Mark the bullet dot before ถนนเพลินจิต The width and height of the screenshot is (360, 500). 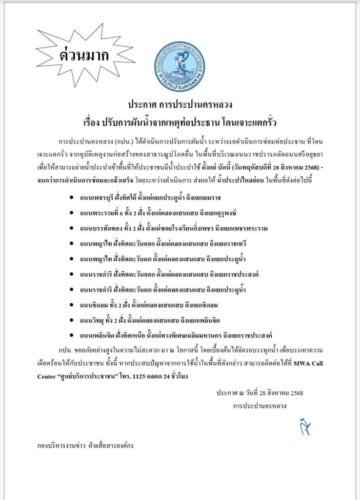coord(72,335)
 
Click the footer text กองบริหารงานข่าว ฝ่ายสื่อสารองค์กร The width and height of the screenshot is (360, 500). coord(85,445)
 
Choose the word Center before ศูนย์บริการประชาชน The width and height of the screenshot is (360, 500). coord(49,376)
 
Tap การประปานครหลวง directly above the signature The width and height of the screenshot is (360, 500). coord(259,405)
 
